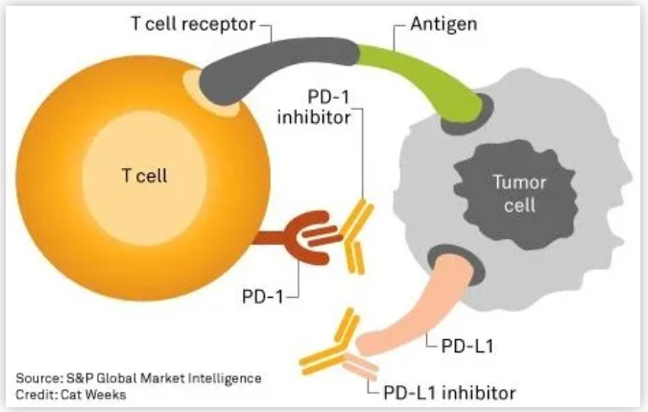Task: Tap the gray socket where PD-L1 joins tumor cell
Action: pos(449,260)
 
